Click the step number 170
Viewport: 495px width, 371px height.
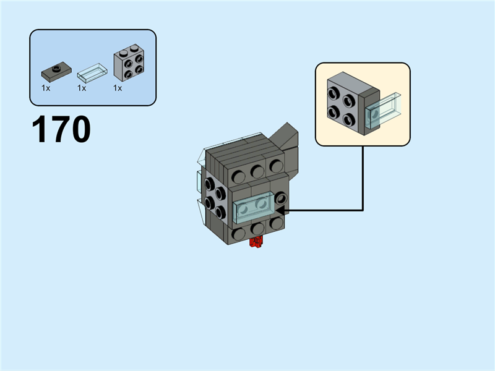61,130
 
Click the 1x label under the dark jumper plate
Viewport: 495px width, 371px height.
46,88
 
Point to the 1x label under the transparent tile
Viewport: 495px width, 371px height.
82,88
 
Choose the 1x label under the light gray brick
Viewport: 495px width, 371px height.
118,88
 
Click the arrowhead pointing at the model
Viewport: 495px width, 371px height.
280,210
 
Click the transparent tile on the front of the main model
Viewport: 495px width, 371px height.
254,210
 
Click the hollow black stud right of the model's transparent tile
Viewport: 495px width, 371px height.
282,198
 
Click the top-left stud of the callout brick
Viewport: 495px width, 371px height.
335,94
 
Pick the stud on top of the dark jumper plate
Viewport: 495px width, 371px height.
56,67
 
